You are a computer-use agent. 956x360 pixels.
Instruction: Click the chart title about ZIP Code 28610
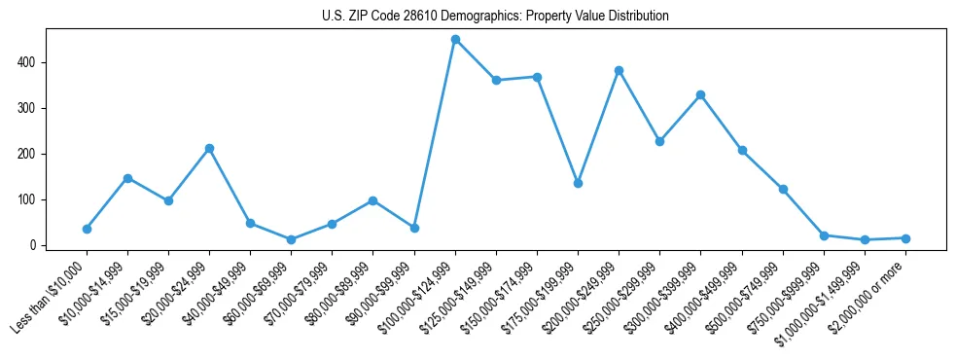495,17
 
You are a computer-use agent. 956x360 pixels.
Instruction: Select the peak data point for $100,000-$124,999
455,40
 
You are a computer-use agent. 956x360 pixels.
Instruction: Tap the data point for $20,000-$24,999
209,149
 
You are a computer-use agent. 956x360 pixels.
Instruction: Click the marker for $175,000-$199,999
578,183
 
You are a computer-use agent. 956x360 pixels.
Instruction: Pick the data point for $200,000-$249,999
619,71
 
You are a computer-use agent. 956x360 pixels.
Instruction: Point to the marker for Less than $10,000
87,229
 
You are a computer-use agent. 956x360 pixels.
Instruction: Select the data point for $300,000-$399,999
700,95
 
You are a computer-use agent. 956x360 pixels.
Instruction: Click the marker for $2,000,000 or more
905,238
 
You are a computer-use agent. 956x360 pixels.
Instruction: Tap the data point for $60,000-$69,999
292,239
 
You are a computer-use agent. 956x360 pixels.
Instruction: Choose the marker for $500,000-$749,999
783,190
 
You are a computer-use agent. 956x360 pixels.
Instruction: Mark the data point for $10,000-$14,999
127,178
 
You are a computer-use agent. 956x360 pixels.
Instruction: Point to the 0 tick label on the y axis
32,245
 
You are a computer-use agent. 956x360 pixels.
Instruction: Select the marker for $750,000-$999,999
824,235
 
